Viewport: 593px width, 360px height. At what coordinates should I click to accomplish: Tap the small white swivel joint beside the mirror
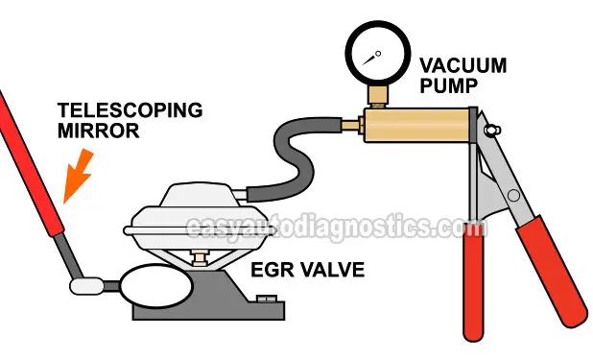point(89,284)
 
